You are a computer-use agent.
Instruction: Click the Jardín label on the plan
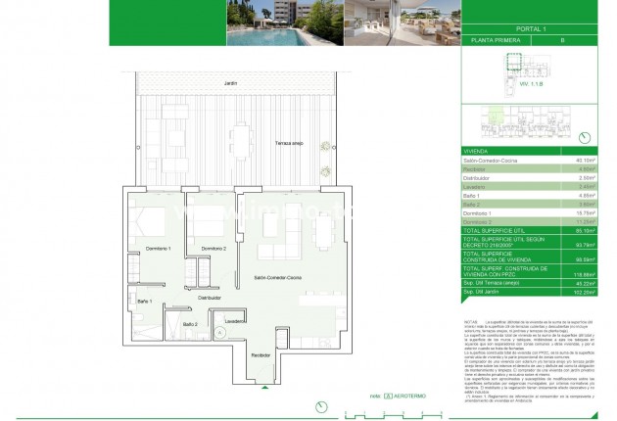pos(229,83)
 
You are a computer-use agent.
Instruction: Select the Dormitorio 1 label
pos(158,250)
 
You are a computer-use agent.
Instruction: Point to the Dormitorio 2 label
pos(214,250)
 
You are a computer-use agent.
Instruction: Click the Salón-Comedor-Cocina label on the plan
pos(278,278)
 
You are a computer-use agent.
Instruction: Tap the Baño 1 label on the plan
pos(144,301)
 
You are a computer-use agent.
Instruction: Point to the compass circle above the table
pos(585,137)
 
